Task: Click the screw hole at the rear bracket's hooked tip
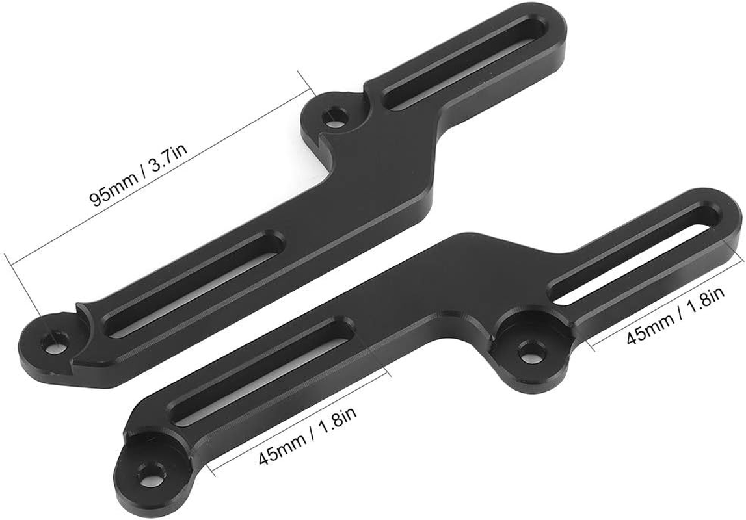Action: (x=55, y=340)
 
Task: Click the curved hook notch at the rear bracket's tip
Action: (x=85, y=325)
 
